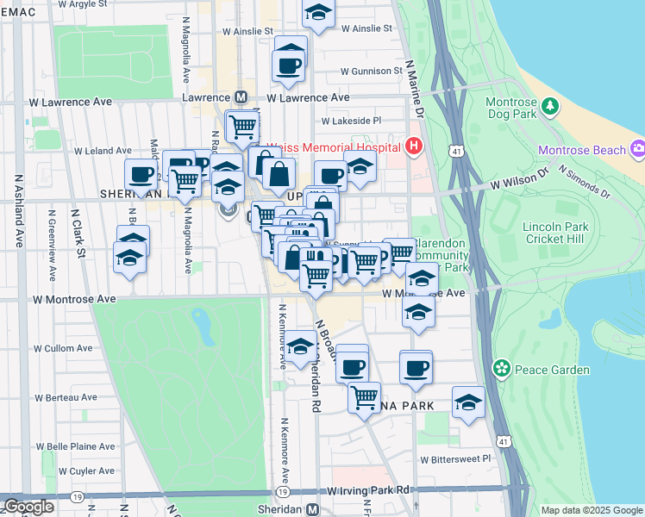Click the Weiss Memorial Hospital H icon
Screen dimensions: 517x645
click(x=414, y=146)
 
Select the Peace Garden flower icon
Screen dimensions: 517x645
click(x=501, y=369)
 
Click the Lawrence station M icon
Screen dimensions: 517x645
click(x=241, y=98)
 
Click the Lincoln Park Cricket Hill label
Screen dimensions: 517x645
click(x=554, y=233)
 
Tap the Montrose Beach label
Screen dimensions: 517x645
click(x=581, y=150)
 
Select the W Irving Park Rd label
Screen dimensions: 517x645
click(x=367, y=490)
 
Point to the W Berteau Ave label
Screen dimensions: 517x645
click(x=66, y=397)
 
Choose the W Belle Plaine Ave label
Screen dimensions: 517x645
click(x=74, y=447)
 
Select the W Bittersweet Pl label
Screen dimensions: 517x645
click(x=455, y=459)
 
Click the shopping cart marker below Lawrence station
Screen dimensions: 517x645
click(x=243, y=127)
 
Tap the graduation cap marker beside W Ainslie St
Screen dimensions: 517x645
click(x=319, y=12)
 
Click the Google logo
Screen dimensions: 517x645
click(x=28, y=506)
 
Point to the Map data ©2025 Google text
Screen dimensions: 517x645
click(x=592, y=510)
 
